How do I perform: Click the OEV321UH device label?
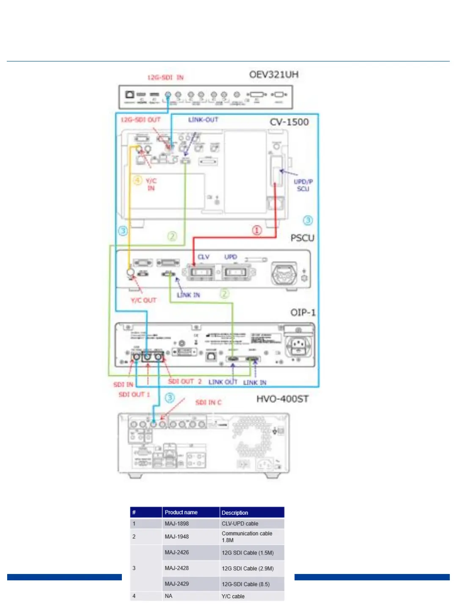pos(273,75)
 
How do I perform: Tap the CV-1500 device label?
pos(289,122)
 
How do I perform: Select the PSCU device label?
pos(302,238)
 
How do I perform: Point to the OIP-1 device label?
pos(303,312)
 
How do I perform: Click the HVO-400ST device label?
pos(282,399)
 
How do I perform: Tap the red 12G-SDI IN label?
pos(165,78)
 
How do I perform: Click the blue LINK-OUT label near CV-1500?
pos(203,120)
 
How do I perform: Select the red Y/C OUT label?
pos(143,300)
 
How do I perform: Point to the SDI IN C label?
pos(208,402)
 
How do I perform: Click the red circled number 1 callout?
pos(257,230)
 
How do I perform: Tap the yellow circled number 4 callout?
pos(138,180)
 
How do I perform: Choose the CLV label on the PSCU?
pos(204,257)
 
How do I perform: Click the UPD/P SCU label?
pos(303,185)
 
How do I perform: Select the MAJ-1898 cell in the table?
pos(177,524)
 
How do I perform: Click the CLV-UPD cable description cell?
pos(240,524)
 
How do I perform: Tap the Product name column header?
pos(181,513)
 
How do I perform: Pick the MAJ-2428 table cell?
pos(177,568)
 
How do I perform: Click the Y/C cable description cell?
pos(233,596)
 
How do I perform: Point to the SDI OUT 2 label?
pos(185,382)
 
